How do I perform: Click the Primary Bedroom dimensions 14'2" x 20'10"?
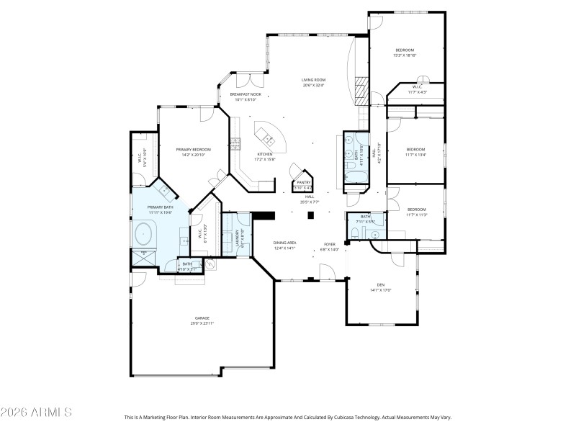tap(194, 155)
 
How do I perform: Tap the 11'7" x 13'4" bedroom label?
tap(415, 153)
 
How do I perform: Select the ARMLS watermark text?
tap(36, 413)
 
